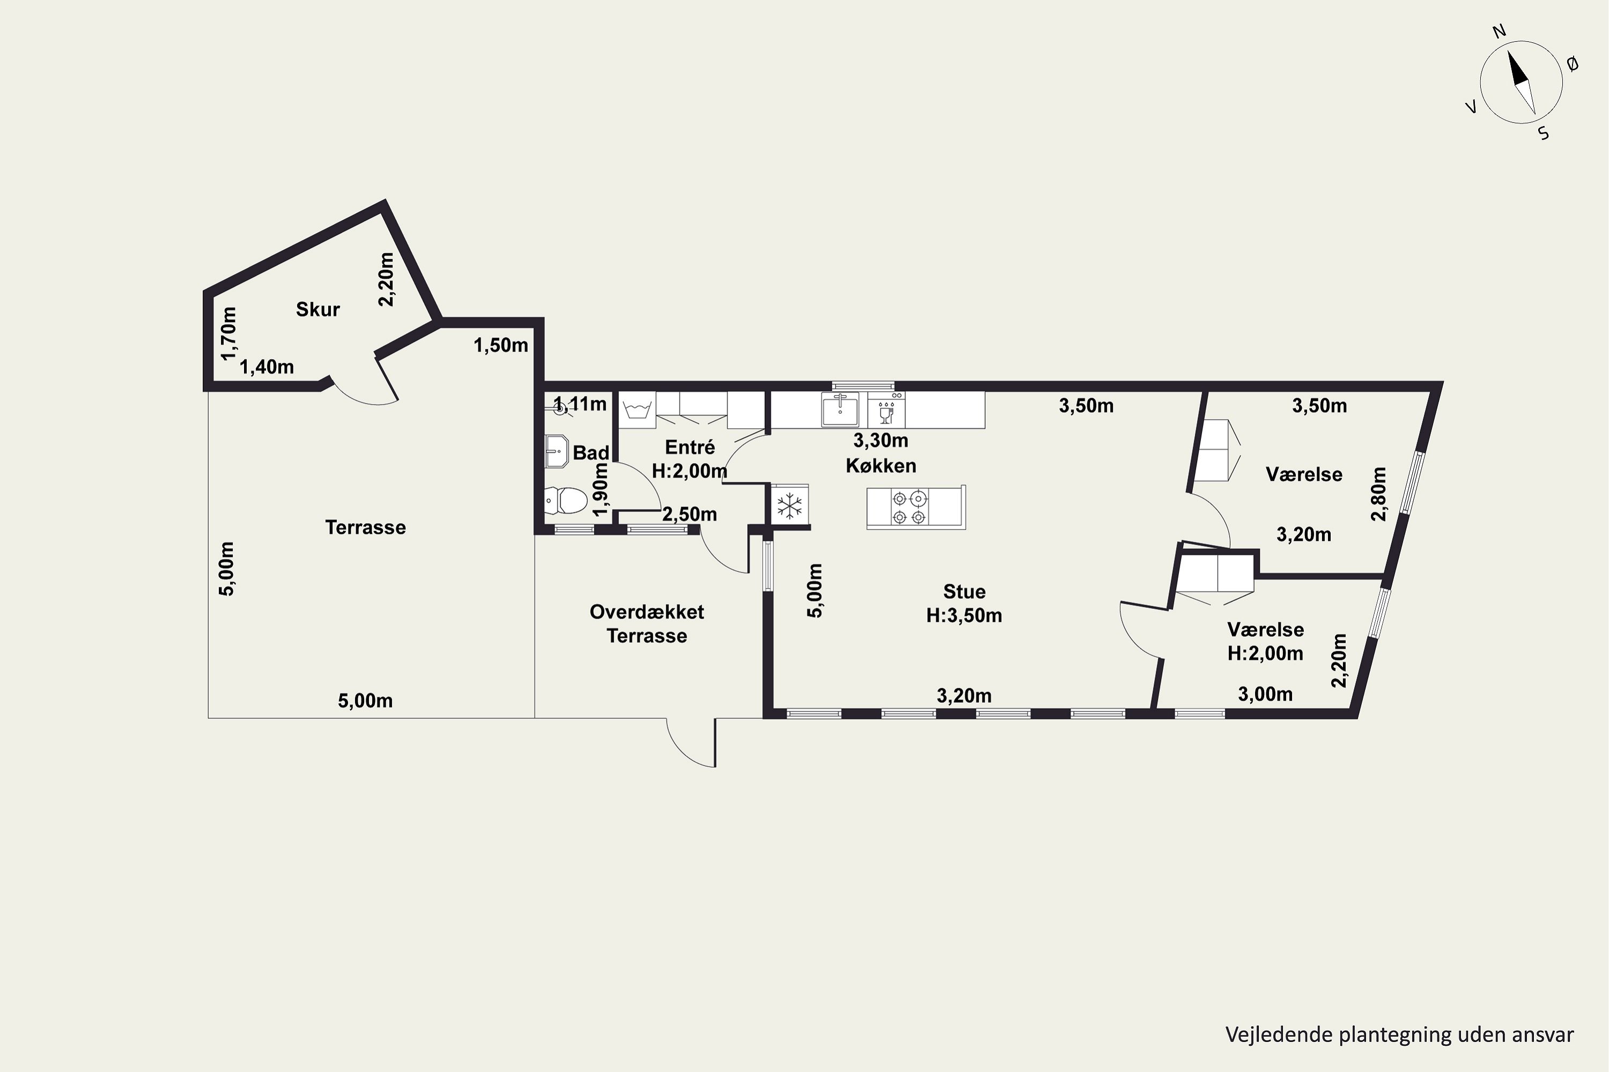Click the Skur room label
click(x=318, y=310)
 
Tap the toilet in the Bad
click(x=566, y=501)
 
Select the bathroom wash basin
click(x=557, y=451)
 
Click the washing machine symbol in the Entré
click(x=637, y=410)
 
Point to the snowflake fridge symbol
click(x=790, y=507)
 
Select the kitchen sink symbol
click(x=839, y=410)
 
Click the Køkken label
click(x=881, y=466)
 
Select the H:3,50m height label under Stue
click(x=964, y=615)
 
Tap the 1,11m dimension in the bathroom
click(x=580, y=404)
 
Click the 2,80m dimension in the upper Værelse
click(x=1378, y=494)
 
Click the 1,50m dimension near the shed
click(x=501, y=345)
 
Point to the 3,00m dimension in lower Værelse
click(x=1266, y=695)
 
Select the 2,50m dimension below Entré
click(x=690, y=514)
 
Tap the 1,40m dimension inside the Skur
click(x=267, y=367)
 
